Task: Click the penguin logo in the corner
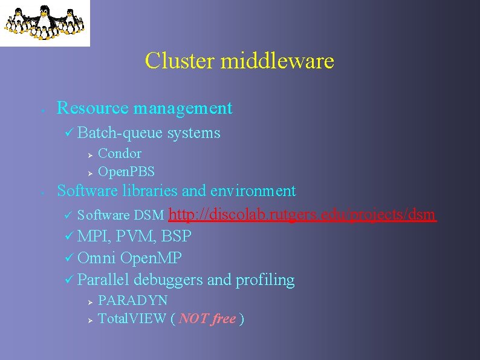click(44, 22)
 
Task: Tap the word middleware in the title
click(277, 61)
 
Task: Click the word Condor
click(120, 154)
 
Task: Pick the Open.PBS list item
click(126, 172)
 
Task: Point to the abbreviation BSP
click(177, 236)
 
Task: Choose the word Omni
click(97, 258)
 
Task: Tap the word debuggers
click(169, 280)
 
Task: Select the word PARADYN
click(132, 300)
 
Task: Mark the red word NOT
click(193, 319)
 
